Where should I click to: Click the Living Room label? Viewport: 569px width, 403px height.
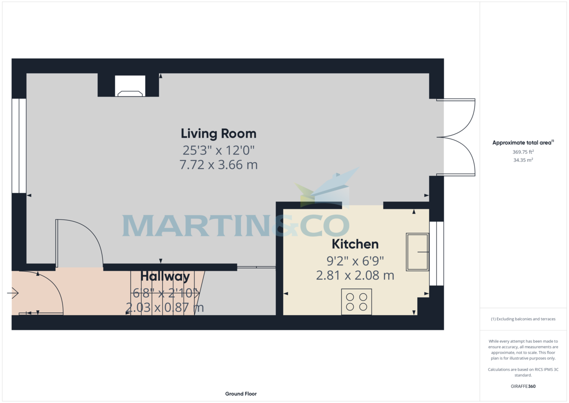pos(219,133)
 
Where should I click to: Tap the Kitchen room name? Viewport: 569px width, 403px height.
pos(355,244)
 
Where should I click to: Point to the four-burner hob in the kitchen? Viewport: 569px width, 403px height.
pos(356,302)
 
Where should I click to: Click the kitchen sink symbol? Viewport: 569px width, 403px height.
pos(417,252)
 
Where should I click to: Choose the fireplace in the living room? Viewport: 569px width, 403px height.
pos(129,86)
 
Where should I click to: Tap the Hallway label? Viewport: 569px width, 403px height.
pos(165,276)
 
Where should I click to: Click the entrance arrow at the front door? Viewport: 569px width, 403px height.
pos(13,294)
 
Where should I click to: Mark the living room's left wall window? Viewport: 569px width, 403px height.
pos(19,146)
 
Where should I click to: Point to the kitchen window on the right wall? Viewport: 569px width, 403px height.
pos(437,253)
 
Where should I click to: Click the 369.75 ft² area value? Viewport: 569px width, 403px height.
pos(523,152)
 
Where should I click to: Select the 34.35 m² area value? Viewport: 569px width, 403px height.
pos(523,160)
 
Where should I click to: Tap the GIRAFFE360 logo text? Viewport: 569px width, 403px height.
pos(523,386)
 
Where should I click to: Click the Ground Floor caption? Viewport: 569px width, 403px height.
pos(241,394)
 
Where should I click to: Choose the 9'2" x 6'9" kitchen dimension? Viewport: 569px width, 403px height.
pos(355,261)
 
